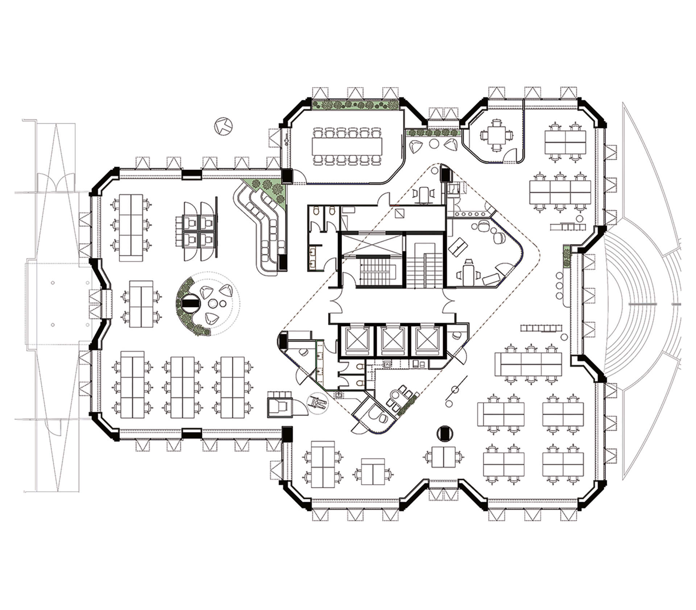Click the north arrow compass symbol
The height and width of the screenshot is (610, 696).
(223, 126)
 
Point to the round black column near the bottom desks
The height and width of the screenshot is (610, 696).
(444, 433)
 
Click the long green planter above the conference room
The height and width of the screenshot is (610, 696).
(355, 105)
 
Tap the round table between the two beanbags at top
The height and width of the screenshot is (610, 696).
(434, 144)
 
